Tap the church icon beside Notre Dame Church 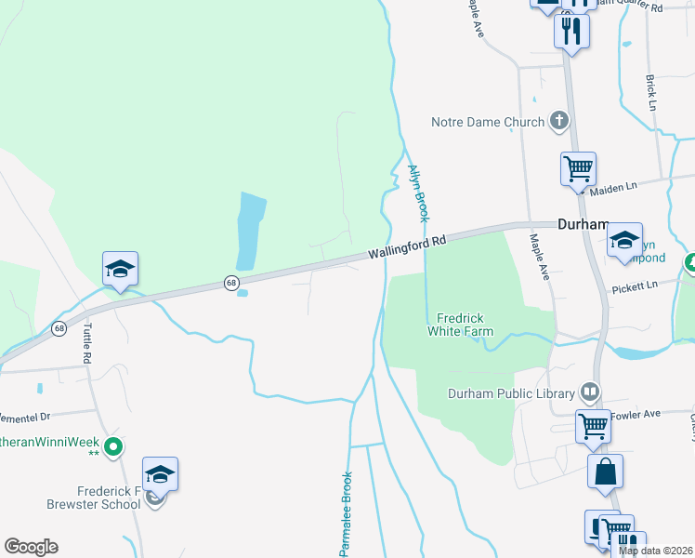click(x=559, y=120)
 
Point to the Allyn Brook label click(x=417, y=193)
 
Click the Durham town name click(x=582, y=224)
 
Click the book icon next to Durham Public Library click(x=588, y=391)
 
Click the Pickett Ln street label click(x=634, y=286)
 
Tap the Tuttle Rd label click(x=87, y=343)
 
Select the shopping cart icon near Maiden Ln click(x=578, y=169)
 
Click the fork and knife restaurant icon click(x=571, y=31)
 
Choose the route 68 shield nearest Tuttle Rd click(x=59, y=328)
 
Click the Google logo click(x=31, y=547)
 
